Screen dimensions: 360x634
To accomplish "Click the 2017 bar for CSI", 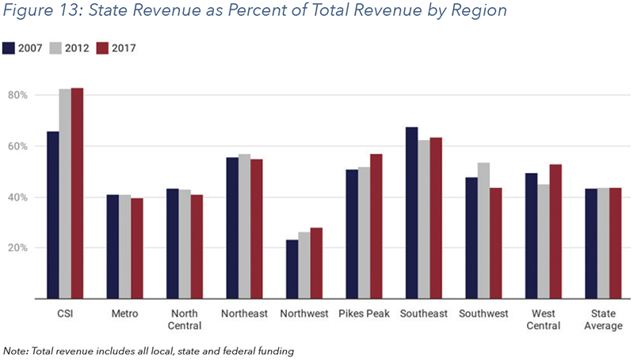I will click(x=77, y=193).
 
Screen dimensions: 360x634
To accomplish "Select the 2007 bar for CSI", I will click(x=53, y=215).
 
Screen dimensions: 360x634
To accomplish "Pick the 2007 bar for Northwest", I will click(x=292, y=270).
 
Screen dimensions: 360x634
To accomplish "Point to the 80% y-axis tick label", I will click(x=18, y=95).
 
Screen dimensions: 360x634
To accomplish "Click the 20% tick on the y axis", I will click(x=18, y=248).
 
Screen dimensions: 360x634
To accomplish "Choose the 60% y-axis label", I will click(x=18, y=146).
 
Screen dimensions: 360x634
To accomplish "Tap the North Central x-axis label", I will click(x=185, y=320).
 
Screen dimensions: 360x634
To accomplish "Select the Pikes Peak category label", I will click(x=364, y=314).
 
